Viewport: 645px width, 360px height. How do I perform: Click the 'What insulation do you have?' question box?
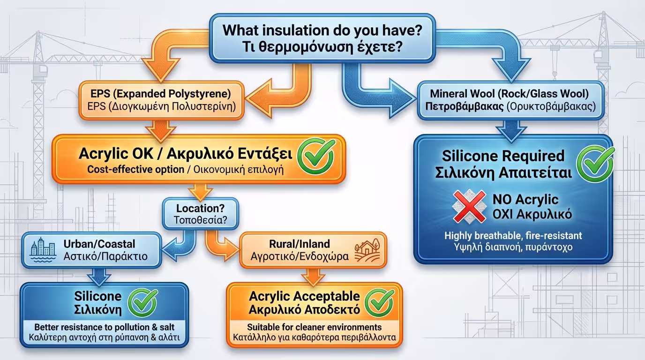pyautogui.click(x=322, y=38)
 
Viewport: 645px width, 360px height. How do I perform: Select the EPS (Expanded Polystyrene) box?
pyautogui.click(x=162, y=100)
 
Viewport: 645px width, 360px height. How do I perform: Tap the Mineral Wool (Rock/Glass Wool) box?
pyautogui.click(x=510, y=100)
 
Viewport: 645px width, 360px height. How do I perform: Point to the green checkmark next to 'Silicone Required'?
pyautogui.click(x=595, y=164)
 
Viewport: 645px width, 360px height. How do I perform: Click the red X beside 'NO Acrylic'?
pyautogui.click(x=469, y=207)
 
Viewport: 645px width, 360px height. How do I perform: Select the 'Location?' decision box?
pyautogui.click(x=201, y=214)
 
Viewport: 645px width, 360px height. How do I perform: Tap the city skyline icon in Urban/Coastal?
pyautogui.click(x=43, y=250)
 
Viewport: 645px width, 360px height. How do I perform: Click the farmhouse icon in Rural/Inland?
pyautogui.click(x=367, y=250)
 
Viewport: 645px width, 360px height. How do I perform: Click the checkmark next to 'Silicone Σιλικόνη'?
pyautogui.click(x=143, y=302)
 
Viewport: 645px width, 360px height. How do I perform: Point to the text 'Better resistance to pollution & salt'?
pyautogui.click(x=104, y=327)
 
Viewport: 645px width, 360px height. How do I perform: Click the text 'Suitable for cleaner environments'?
pyautogui.click(x=314, y=327)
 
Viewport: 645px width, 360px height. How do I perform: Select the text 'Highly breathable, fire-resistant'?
pyautogui.click(x=513, y=236)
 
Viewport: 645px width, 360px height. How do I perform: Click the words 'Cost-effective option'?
pyautogui.click(x=135, y=169)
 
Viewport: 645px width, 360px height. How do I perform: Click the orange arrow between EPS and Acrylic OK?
pyautogui.click(x=161, y=130)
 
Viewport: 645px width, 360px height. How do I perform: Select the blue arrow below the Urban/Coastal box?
pyautogui.click(x=99, y=277)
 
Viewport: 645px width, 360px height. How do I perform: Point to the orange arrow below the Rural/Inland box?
pyautogui.click(x=313, y=277)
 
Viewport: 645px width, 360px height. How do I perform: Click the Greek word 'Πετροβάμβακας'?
pyautogui.click(x=465, y=106)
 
